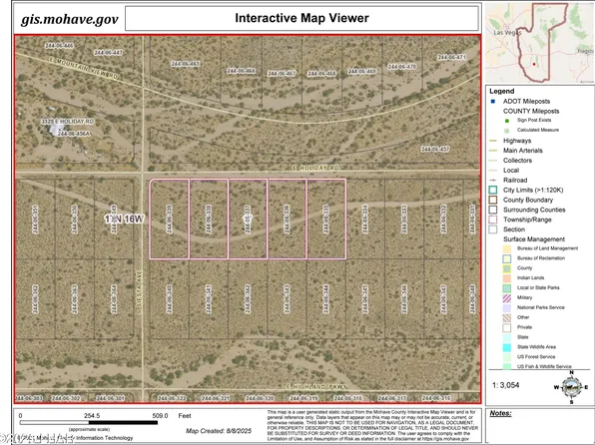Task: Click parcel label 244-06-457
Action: coord(432,149)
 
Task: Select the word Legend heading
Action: coord(502,91)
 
